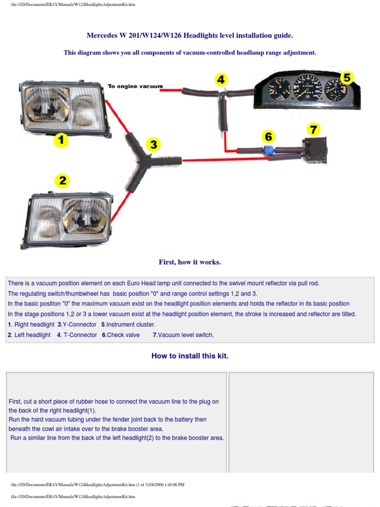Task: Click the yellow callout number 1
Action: [x=61, y=141]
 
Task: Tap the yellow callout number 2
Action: [x=62, y=181]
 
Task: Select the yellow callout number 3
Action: [x=154, y=145]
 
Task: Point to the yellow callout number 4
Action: [x=221, y=79]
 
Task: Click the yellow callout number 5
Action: [x=347, y=78]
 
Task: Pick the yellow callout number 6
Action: [x=268, y=136]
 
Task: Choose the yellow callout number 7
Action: [x=313, y=130]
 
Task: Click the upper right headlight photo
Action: [x=64, y=108]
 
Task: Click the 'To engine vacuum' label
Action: [x=135, y=87]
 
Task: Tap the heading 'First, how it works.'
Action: [x=190, y=262]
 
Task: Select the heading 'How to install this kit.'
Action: [x=190, y=355]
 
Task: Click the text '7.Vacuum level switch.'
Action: [x=183, y=335]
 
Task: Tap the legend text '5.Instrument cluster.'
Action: [x=128, y=325]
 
